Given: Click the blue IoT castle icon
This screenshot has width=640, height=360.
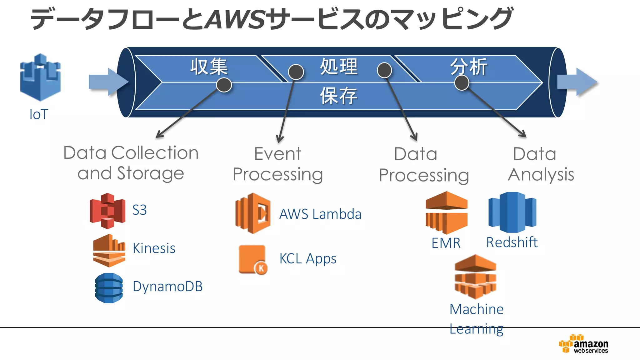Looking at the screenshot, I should tap(40, 77).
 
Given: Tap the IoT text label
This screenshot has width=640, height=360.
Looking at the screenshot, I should tap(39, 114).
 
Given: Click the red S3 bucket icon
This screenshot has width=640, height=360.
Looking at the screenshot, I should tap(107, 211).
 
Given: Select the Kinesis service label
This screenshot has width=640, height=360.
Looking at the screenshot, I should tap(154, 248).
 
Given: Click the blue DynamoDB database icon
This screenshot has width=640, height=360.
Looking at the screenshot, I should tap(109, 288).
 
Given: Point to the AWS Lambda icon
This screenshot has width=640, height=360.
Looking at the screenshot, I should tap(253, 213).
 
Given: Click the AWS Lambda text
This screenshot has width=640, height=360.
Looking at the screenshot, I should tap(320, 214).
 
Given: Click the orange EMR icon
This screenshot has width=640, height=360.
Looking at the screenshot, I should tap(447, 213).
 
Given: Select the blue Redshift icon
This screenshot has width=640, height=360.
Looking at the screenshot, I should tap(512, 212).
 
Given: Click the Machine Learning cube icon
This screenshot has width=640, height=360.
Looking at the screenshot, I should tap(475, 277).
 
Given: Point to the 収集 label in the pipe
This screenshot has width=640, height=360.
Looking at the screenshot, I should tap(209, 67).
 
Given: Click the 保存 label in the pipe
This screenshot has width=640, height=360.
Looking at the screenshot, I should tap(338, 96).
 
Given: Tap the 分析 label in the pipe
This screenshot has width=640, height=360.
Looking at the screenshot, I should tap(468, 67).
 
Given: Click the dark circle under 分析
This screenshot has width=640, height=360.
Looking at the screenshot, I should tap(462, 83).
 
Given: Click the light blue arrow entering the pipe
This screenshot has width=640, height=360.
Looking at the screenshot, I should tap(107, 82).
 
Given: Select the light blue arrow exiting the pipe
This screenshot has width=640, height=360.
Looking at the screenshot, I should tap(577, 82).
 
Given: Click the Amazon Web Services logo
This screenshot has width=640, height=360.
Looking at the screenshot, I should tap(583, 344).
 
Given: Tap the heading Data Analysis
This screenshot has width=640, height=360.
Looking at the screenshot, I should tap(540, 164).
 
